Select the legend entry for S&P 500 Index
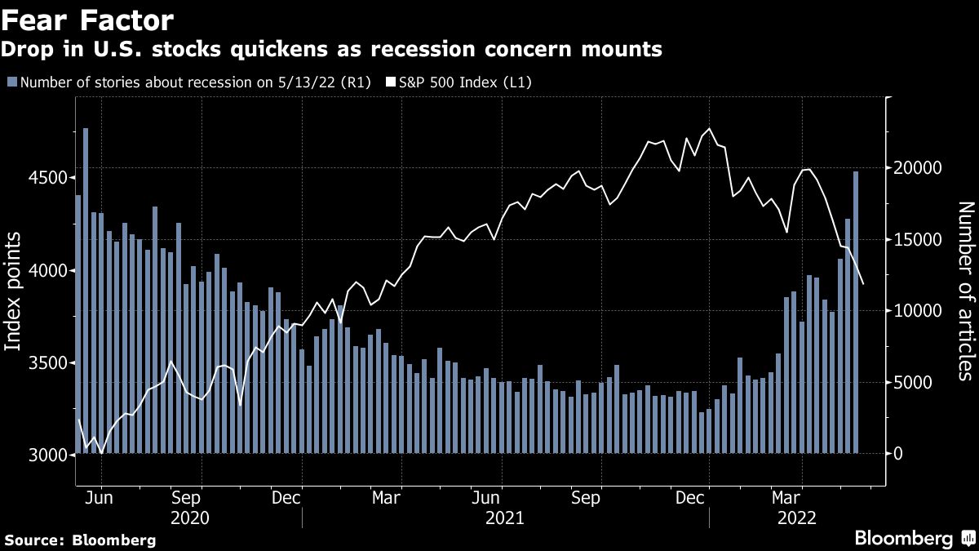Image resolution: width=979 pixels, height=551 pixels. (x=465, y=82)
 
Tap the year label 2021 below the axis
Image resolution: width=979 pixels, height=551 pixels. (x=504, y=518)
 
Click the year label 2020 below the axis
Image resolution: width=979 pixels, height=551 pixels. (x=189, y=518)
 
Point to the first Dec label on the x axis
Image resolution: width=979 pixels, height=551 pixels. (x=288, y=497)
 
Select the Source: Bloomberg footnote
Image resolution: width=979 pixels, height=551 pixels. (x=80, y=540)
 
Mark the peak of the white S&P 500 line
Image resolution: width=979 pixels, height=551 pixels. (x=710, y=129)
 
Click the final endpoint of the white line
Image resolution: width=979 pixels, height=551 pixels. (x=863, y=283)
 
